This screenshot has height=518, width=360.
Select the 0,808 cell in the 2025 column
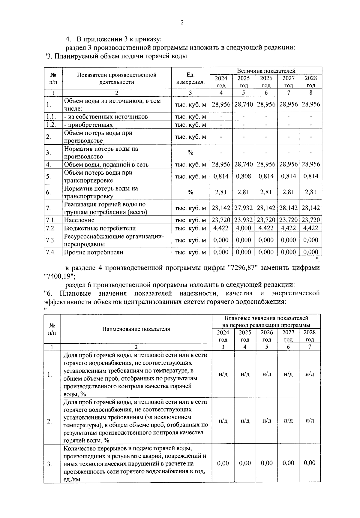point(244,176)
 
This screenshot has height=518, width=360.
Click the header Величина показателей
point(266,71)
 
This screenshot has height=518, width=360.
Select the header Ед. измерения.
point(190,78)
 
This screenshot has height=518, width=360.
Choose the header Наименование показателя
point(136,329)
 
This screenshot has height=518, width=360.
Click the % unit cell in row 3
point(190,152)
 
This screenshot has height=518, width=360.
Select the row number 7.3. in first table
point(51,240)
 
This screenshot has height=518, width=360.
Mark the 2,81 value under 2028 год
point(311,192)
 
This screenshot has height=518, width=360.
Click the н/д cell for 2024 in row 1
point(223,374)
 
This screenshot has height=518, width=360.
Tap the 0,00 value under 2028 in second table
point(310,463)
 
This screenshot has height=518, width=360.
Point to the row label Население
point(79,220)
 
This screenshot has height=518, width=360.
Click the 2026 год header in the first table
point(266,82)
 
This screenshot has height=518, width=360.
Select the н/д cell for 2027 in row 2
point(288,421)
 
